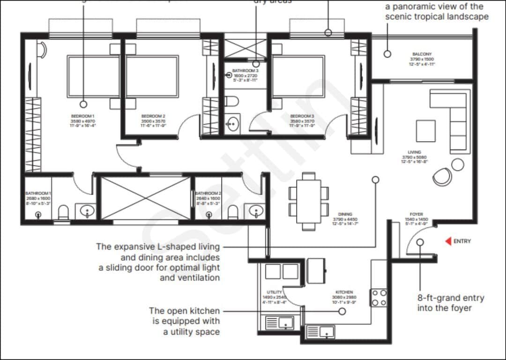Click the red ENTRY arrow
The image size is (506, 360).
click(x=447, y=241)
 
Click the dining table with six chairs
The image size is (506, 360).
click(x=309, y=201)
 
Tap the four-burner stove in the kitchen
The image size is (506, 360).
click(x=379, y=297)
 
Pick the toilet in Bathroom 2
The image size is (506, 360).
click(x=233, y=213)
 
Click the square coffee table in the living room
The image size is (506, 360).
click(x=425, y=130)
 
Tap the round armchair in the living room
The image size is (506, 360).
click(x=442, y=176)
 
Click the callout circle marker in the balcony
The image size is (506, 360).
click(x=387, y=54)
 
